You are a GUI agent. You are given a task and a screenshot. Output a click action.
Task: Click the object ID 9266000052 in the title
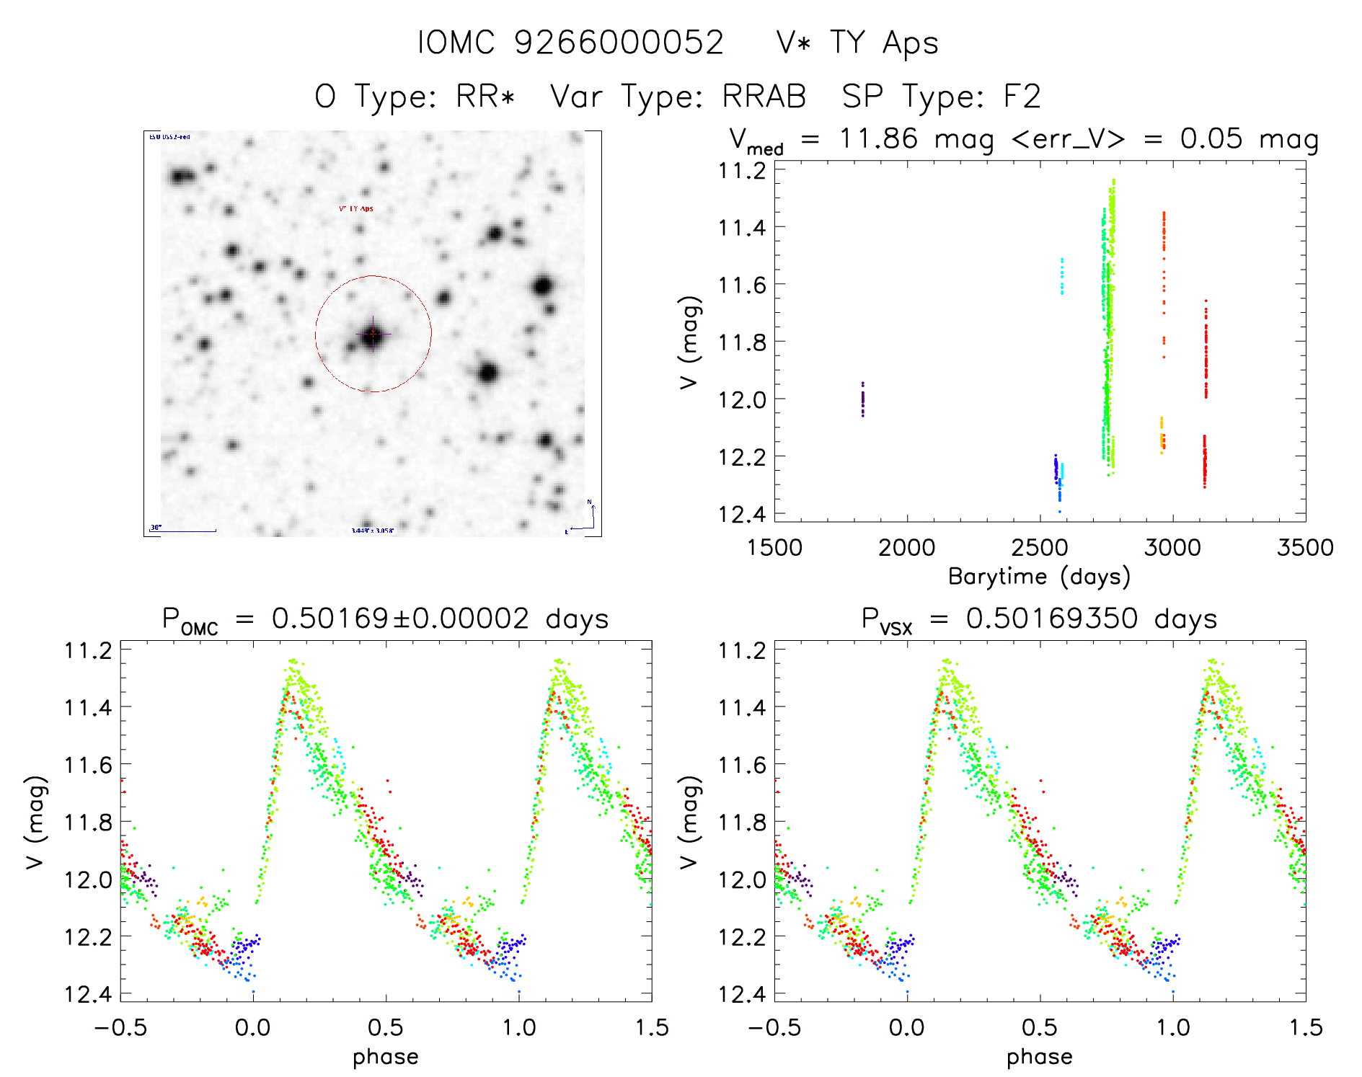click(x=619, y=43)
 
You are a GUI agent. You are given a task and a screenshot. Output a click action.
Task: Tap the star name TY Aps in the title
click(x=883, y=43)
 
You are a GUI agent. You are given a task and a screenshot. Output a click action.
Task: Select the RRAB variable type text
click(x=764, y=97)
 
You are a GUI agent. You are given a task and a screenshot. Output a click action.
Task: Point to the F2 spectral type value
click(x=1022, y=97)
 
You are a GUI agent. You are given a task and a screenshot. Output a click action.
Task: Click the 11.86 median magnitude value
click(x=878, y=138)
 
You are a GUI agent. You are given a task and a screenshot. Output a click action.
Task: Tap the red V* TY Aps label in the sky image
click(x=356, y=209)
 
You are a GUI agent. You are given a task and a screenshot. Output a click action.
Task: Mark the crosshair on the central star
click(x=373, y=334)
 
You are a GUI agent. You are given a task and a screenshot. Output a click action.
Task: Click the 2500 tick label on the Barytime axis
click(x=1040, y=548)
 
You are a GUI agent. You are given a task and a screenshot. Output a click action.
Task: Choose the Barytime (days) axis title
click(x=1039, y=577)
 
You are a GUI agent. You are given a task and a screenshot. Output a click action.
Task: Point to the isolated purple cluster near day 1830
click(x=862, y=399)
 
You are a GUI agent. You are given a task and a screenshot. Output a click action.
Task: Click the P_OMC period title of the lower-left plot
click(x=385, y=619)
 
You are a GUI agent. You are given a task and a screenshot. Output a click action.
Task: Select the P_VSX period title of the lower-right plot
click(x=1039, y=619)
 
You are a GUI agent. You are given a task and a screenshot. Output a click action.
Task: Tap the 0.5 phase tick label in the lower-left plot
click(x=386, y=1027)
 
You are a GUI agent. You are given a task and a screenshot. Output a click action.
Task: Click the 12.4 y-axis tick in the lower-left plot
click(x=88, y=994)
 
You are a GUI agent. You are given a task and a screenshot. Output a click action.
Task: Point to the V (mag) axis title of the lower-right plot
click(x=689, y=822)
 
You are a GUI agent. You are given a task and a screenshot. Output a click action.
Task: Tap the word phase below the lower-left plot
click(x=386, y=1057)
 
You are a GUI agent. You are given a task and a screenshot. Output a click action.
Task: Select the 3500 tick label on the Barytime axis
click(x=1305, y=548)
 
